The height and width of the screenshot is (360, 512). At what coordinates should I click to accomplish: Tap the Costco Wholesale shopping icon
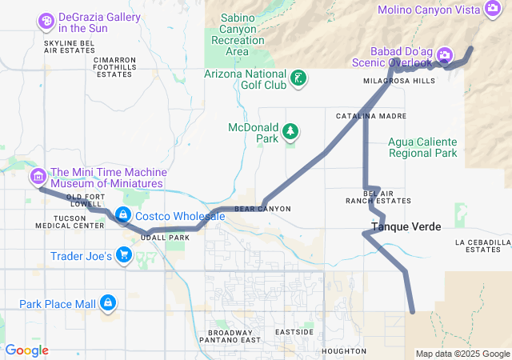[x=123, y=216]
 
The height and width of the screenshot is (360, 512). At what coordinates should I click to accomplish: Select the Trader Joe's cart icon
[x=124, y=255]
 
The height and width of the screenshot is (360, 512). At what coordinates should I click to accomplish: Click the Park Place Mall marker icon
[x=107, y=303]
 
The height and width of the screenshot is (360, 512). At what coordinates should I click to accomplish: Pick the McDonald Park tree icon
[x=291, y=130]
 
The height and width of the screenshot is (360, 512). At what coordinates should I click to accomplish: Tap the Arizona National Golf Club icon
[x=298, y=78]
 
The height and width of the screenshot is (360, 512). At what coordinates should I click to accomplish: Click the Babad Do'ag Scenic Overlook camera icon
[x=445, y=55]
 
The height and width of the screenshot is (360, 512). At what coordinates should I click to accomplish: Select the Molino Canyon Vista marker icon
[x=494, y=10]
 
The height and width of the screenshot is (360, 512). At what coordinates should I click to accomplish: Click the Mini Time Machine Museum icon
[x=37, y=176]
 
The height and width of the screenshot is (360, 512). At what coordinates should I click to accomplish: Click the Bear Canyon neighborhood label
[x=262, y=209]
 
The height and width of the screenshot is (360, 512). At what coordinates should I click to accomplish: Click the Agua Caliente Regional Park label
[x=422, y=147]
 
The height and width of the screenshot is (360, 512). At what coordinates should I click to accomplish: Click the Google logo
[x=26, y=350]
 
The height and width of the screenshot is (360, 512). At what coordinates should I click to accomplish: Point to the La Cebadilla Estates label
[x=482, y=246]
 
